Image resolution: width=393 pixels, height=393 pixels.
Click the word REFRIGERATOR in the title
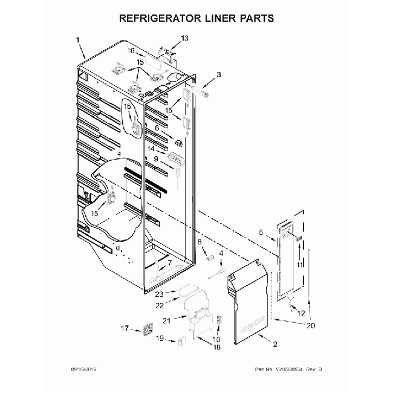coord(158,18)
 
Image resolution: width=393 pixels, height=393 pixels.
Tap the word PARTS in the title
coord(255,18)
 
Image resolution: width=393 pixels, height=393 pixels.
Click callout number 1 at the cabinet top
coord(79,40)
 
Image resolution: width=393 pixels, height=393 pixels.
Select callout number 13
coord(184,38)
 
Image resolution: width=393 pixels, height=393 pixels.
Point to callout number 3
coord(219,74)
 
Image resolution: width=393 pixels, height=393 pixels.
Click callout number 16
coord(131,51)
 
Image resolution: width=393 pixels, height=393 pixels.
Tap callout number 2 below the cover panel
coord(274,345)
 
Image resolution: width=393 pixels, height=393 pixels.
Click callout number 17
coord(125,329)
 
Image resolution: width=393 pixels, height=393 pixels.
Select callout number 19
coord(160,340)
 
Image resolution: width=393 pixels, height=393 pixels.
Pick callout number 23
coord(159,294)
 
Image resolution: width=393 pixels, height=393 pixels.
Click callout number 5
coord(261,232)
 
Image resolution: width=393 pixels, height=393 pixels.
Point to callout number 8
coord(200,242)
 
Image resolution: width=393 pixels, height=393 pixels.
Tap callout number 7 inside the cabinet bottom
coord(161,262)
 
